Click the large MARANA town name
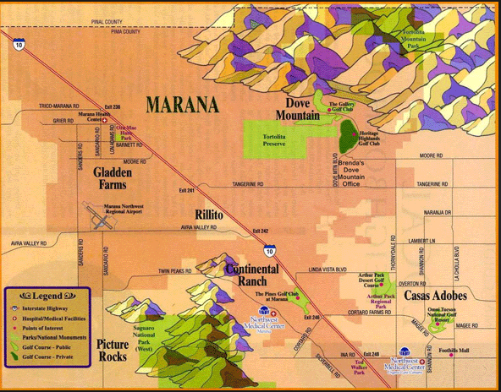(181, 105)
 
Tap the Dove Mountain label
(297, 109)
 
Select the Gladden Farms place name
(116, 178)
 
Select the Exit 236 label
(113, 106)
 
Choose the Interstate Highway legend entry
(52, 309)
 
